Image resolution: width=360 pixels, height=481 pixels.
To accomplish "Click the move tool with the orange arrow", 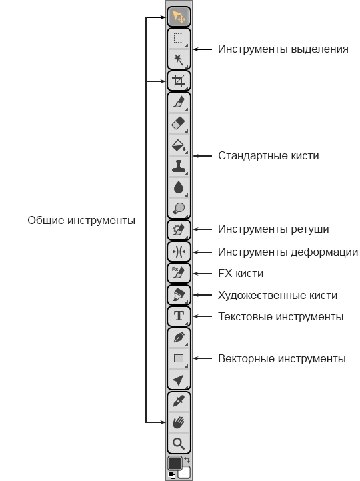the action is point(179,17).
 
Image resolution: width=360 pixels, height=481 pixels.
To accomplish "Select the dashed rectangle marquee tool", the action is point(179,38).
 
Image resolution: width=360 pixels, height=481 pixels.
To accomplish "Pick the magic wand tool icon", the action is point(179,59).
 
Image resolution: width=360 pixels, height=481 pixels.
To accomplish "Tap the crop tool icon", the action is point(179,81).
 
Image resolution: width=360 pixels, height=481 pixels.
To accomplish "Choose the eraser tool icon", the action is point(179,123).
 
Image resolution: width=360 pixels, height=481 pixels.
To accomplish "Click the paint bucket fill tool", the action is point(179,145).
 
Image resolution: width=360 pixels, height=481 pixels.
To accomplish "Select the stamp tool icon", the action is point(179,166).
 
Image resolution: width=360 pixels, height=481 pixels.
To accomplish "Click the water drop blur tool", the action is point(179,187).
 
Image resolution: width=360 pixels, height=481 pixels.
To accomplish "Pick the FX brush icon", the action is point(179,272).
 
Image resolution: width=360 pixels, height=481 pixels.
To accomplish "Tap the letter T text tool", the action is point(179,316).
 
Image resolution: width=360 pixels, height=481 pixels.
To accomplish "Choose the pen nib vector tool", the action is point(179,337).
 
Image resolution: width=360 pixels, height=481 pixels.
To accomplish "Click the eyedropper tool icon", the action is point(179,401).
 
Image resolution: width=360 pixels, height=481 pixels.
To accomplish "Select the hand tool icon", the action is point(179,422).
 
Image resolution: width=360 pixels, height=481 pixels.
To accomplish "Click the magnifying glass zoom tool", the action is point(179,443).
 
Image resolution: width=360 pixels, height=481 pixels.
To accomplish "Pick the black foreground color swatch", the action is point(175,463).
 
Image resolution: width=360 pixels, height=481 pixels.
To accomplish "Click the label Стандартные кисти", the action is point(268,156).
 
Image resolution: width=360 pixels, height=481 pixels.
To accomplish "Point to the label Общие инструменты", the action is point(81,221).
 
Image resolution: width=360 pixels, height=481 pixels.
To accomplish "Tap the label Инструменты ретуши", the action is point(273,229).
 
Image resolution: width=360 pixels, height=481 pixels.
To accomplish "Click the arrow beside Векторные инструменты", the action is point(203,358).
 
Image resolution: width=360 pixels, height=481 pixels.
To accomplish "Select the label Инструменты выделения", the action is point(283,49).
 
